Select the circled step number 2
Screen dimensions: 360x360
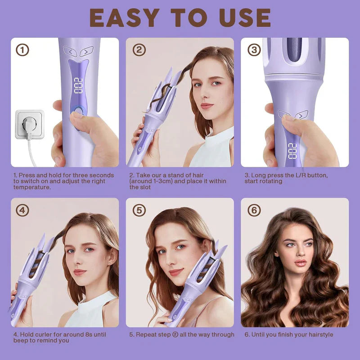pos(139,50)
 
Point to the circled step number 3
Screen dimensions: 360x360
pos(254,50)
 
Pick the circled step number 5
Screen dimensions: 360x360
pos(139,210)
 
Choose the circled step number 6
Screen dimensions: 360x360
pos(254,210)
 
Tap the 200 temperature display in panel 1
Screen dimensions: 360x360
pos(78,85)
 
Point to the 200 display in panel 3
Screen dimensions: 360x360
pos(292,150)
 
